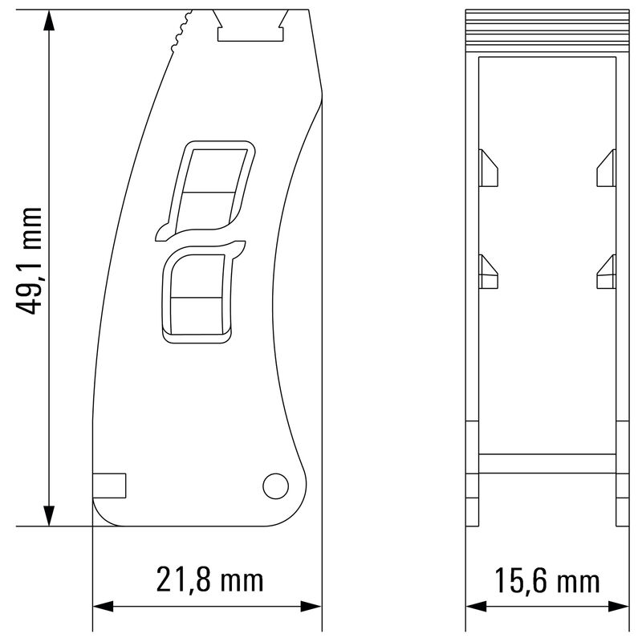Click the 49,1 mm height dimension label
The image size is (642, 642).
pos(30,261)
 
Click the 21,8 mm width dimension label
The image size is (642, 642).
pos(209,579)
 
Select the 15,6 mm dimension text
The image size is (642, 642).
pos(547,580)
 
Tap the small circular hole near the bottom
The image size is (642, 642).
pos(275,485)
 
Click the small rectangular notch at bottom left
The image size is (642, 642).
pos(110,486)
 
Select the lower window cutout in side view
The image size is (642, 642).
pos(198,297)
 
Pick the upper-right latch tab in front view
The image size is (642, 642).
pos(606,168)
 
